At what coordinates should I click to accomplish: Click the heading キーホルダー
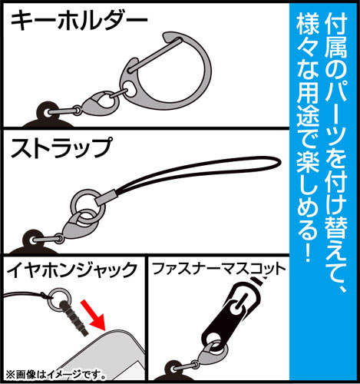click(x=79, y=22)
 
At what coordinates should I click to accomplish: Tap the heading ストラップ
click(x=61, y=148)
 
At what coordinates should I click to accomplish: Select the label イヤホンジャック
click(x=72, y=270)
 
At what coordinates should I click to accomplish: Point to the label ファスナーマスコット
click(x=219, y=269)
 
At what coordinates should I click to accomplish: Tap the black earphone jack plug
click(x=74, y=319)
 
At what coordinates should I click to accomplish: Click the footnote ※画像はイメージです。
click(x=55, y=375)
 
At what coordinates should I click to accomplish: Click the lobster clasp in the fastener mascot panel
click(x=211, y=353)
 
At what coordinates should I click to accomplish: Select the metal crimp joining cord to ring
click(x=106, y=198)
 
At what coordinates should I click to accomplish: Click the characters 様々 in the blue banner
click(x=308, y=36)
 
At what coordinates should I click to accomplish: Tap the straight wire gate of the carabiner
click(x=156, y=55)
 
